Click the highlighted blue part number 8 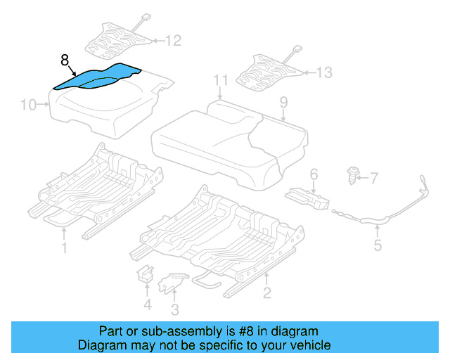coord(98,77)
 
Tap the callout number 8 coord(65,60)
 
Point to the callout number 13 coord(324,72)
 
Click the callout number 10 coord(28,105)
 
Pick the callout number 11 coord(221,80)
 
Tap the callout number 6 coord(314,173)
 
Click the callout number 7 coord(374,177)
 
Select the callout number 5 coord(378,245)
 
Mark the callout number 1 coord(64,247)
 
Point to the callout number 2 coord(267,292)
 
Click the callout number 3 coord(174,309)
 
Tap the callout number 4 coord(147,304)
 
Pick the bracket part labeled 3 coord(170,282)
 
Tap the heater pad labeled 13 coord(270,71)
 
